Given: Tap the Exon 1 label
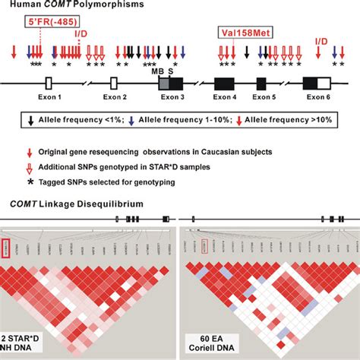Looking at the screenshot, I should (x=47, y=99).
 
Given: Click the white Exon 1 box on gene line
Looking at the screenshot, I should (x=48, y=83).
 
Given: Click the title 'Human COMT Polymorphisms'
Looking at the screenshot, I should (x=72, y=7).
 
